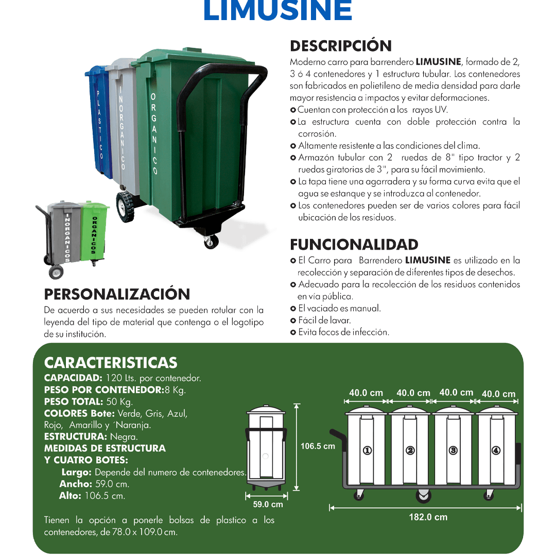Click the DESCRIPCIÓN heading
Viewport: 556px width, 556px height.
[x=341, y=46]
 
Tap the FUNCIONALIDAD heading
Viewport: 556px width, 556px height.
[x=354, y=245]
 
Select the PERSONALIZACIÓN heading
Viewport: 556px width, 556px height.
[x=117, y=294]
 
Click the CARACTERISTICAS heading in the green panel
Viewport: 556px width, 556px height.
[x=111, y=363]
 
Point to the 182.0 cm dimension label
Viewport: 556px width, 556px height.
[x=428, y=517]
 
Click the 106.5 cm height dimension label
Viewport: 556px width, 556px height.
[x=318, y=446]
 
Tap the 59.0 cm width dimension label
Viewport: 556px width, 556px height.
[x=268, y=504]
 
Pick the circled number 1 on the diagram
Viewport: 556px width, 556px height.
[x=368, y=450]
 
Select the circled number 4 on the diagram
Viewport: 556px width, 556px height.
[x=496, y=450]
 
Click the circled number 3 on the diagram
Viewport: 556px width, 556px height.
[x=453, y=450]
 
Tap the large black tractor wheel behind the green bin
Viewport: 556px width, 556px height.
[x=126, y=207]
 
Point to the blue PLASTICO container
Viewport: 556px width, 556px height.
[x=98, y=120]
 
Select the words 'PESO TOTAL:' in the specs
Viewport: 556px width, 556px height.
[x=74, y=402]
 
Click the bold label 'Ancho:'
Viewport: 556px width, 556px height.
[x=76, y=484]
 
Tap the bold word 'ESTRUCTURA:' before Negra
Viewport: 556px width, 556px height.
[x=76, y=437]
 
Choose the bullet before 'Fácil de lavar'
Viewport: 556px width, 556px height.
[x=293, y=321]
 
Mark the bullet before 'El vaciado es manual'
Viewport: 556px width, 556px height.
[x=293, y=309]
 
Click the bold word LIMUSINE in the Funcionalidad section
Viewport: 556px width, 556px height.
[x=428, y=260]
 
